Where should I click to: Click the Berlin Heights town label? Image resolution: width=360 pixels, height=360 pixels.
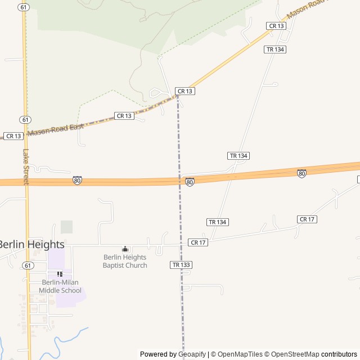31,245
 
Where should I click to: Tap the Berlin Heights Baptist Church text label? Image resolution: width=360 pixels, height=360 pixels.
125,262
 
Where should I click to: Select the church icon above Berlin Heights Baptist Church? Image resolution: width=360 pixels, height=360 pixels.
125,249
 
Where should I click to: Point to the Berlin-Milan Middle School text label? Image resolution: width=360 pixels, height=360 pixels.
60,286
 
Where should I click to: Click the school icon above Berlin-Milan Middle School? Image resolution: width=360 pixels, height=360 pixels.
60,274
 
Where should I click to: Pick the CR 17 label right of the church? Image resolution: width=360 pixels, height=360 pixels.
199,242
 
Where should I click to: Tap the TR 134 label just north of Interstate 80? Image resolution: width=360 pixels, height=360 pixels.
238,155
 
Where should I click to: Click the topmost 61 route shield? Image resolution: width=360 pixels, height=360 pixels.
23,7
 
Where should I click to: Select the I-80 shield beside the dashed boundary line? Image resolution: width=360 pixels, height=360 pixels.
190,182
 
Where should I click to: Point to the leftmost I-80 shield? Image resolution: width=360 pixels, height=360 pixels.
77,180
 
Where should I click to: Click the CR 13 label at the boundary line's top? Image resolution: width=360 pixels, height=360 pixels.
185,91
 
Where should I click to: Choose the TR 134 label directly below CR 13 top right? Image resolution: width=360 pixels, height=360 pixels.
276,49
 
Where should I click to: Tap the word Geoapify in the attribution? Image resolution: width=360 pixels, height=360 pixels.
192,354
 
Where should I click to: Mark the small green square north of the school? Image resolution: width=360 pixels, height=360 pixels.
66,227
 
